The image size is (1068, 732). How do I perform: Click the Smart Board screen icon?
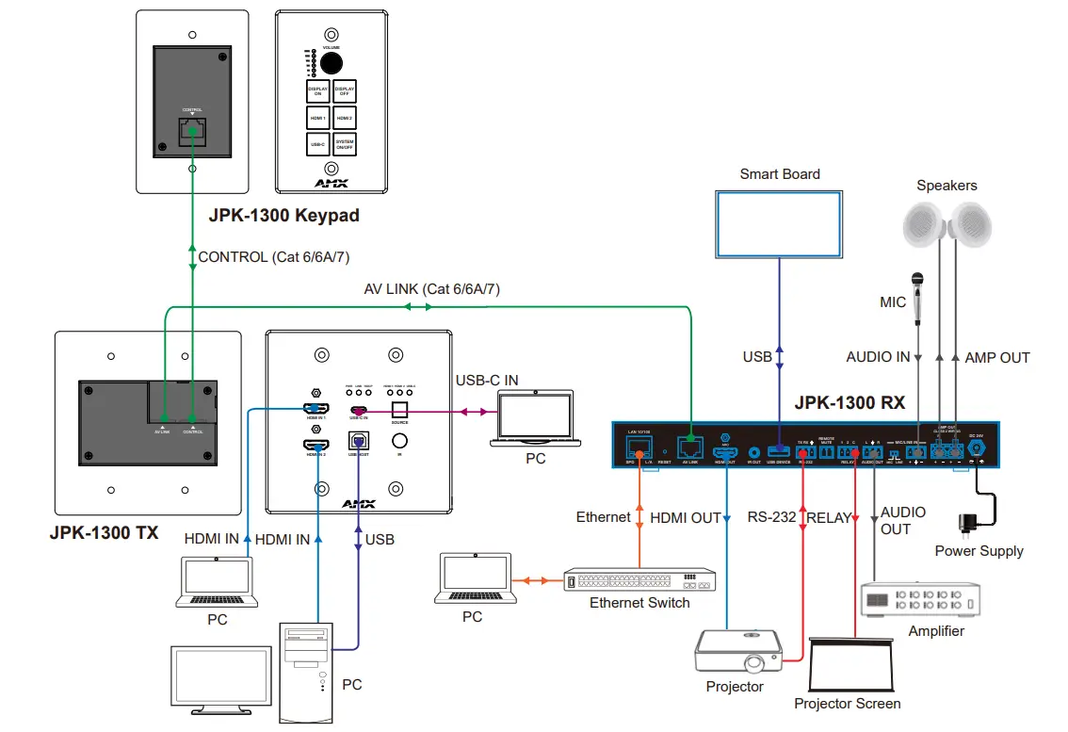click(x=779, y=223)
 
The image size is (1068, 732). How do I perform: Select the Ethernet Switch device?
click(x=639, y=580)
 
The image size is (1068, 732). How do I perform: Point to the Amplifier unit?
click(x=920, y=599)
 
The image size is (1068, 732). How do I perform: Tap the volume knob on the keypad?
click(x=331, y=62)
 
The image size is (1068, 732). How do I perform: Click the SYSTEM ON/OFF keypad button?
click(x=345, y=144)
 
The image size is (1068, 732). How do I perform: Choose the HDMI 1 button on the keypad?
click(x=318, y=118)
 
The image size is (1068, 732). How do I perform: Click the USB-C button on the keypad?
click(x=318, y=144)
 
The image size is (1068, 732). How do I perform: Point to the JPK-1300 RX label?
click(x=849, y=403)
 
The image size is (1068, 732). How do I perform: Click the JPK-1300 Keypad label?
click(x=283, y=216)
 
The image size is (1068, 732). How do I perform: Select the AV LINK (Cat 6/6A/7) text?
click(x=431, y=289)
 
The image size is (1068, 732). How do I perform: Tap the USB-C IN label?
click(x=487, y=380)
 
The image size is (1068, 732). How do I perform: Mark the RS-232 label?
click(x=771, y=517)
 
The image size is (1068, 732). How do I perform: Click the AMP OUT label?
click(x=997, y=357)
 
